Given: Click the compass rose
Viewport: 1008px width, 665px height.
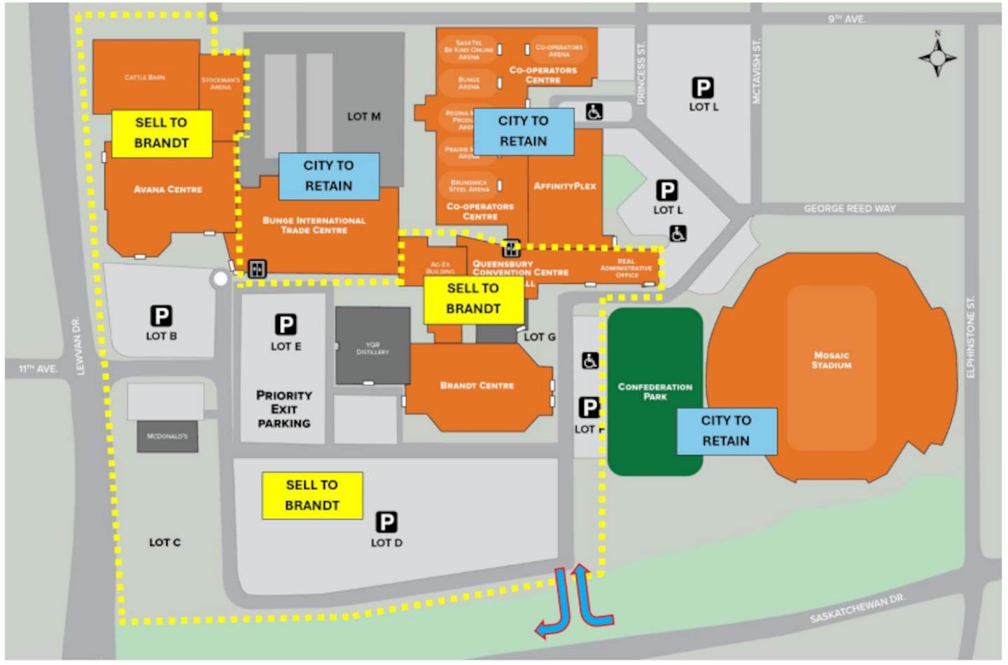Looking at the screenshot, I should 937,56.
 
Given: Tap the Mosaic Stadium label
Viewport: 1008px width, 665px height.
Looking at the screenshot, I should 832,360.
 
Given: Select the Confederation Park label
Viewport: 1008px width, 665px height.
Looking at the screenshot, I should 654,391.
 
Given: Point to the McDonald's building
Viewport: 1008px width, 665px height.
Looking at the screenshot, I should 167,436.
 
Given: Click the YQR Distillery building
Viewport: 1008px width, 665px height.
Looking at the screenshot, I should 372,346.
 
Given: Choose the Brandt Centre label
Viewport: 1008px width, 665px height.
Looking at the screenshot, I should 477,386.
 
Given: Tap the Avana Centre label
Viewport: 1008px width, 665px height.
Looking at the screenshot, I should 168,189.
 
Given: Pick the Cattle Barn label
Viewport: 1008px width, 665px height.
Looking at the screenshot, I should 145,78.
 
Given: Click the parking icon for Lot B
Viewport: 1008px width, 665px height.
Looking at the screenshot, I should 161,316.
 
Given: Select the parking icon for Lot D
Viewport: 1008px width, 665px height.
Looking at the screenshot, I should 386,522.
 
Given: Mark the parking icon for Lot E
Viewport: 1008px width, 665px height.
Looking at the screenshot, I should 286,325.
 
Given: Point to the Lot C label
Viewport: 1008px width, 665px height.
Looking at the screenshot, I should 164,542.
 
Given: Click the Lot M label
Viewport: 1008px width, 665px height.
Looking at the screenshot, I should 364,116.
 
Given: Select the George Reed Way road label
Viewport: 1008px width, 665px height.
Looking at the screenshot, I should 849,209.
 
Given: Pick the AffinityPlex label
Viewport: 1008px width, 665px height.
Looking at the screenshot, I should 565,186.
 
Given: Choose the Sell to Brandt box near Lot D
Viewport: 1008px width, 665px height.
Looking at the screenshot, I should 312,496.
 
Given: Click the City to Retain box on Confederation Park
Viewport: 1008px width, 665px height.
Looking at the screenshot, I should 726,431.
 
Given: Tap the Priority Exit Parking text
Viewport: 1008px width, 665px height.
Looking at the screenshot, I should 283,409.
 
